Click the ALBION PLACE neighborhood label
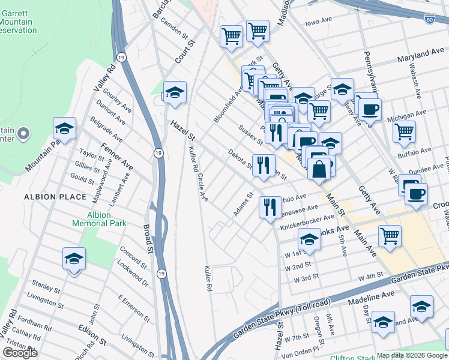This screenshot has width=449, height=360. click(47, 197)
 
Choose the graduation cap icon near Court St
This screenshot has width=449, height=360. click(175, 93)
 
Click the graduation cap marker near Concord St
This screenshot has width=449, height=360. click(74, 259)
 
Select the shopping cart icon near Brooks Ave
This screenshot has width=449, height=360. click(390, 236)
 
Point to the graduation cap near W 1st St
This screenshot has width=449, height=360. click(309, 240)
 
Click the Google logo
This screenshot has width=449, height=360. click(20, 353)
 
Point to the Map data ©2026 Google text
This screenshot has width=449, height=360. click(412, 355)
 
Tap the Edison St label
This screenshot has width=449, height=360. click(92, 335)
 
